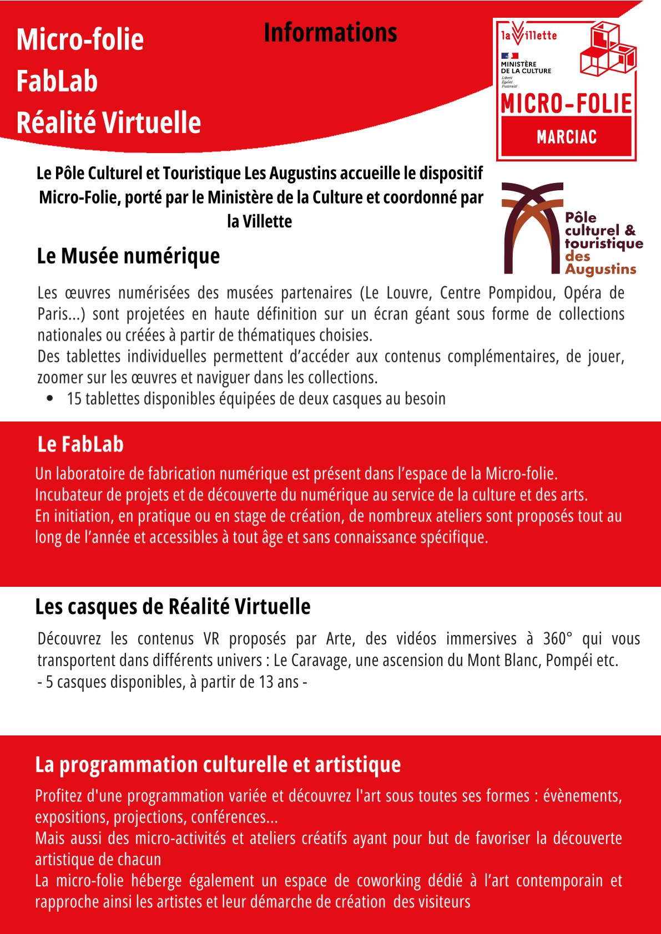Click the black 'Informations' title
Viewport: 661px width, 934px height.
(330, 33)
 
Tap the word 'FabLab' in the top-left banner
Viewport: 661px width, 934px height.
(57, 82)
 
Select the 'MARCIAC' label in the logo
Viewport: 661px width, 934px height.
(567, 137)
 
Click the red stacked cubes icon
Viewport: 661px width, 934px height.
(608, 50)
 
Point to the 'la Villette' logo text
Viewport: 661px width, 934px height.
(529, 35)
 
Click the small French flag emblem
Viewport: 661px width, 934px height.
(509, 55)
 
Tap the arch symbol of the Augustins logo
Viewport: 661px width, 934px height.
(532, 227)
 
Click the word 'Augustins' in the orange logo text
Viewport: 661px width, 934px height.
(601, 270)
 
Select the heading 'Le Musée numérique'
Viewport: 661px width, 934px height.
(128, 256)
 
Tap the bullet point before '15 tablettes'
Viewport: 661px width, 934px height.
(51, 398)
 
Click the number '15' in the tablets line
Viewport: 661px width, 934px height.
(74, 399)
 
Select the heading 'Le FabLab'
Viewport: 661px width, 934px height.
(80, 444)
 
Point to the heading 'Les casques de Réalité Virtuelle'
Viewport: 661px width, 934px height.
(173, 607)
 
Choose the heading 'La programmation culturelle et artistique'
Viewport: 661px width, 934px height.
(218, 764)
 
